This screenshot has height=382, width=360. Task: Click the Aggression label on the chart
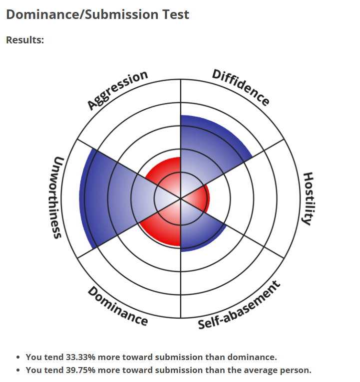pos(118,90)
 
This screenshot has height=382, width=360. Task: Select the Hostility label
pos(309,198)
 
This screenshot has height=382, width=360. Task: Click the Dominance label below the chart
pos(118,306)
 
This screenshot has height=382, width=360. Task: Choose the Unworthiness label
pos(58,198)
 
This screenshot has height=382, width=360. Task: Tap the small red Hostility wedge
pos(202,198)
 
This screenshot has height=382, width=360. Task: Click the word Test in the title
pos(176,14)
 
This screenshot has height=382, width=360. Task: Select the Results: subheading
pos(25,39)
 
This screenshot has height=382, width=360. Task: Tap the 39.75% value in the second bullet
pos(79,370)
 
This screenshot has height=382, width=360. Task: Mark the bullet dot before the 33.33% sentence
pos(18,358)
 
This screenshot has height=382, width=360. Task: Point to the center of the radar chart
pos(180,198)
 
